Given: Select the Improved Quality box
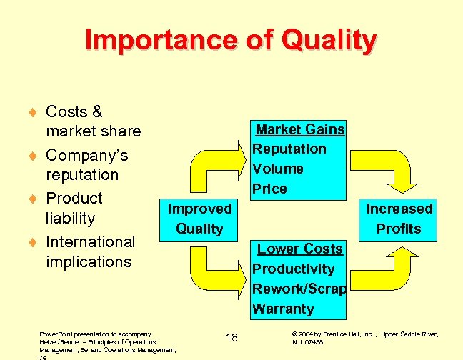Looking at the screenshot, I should (199, 219).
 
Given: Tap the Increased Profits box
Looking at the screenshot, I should (399, 219).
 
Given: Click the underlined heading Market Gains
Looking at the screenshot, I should (300, 129).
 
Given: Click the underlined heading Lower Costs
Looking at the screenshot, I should (300, 249).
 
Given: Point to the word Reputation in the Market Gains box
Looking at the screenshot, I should (289, 149).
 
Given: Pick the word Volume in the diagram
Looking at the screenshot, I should (278, 169).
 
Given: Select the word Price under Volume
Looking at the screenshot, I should (269, 189).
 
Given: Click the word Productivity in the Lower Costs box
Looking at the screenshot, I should (293, 269).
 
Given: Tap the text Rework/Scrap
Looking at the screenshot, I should (299, 289).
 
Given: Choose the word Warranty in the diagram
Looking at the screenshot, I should (283, 309).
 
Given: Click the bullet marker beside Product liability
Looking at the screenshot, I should (33, 199).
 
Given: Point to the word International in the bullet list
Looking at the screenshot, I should (90, 241).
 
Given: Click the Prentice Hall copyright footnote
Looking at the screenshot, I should (364, 338).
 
